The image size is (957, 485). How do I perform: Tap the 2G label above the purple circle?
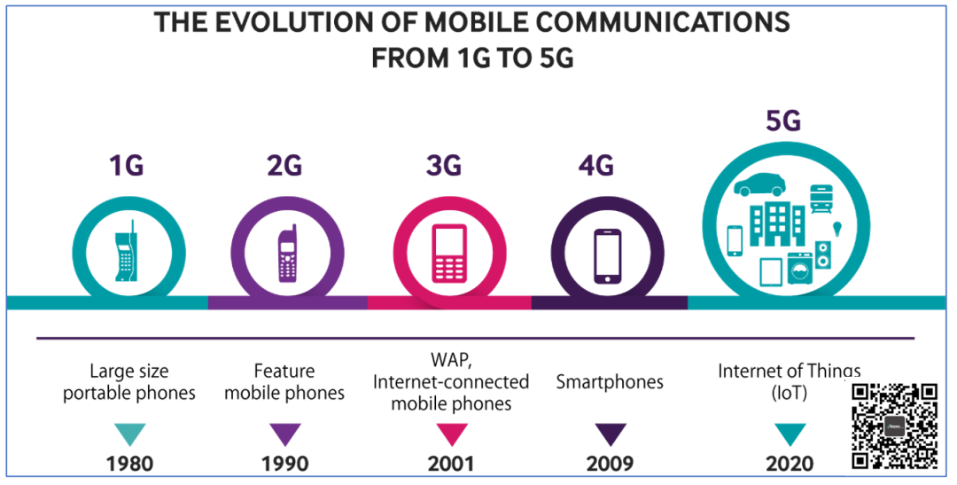(x=285, y=166)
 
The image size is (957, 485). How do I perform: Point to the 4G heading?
(x=609, y=166)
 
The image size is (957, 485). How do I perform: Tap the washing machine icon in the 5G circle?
(x=799, y=267)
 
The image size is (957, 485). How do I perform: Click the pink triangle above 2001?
(x=449, y=434)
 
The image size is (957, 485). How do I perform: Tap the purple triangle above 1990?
(x=285, y=434)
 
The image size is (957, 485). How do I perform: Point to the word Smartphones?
(x=610, y=382)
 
